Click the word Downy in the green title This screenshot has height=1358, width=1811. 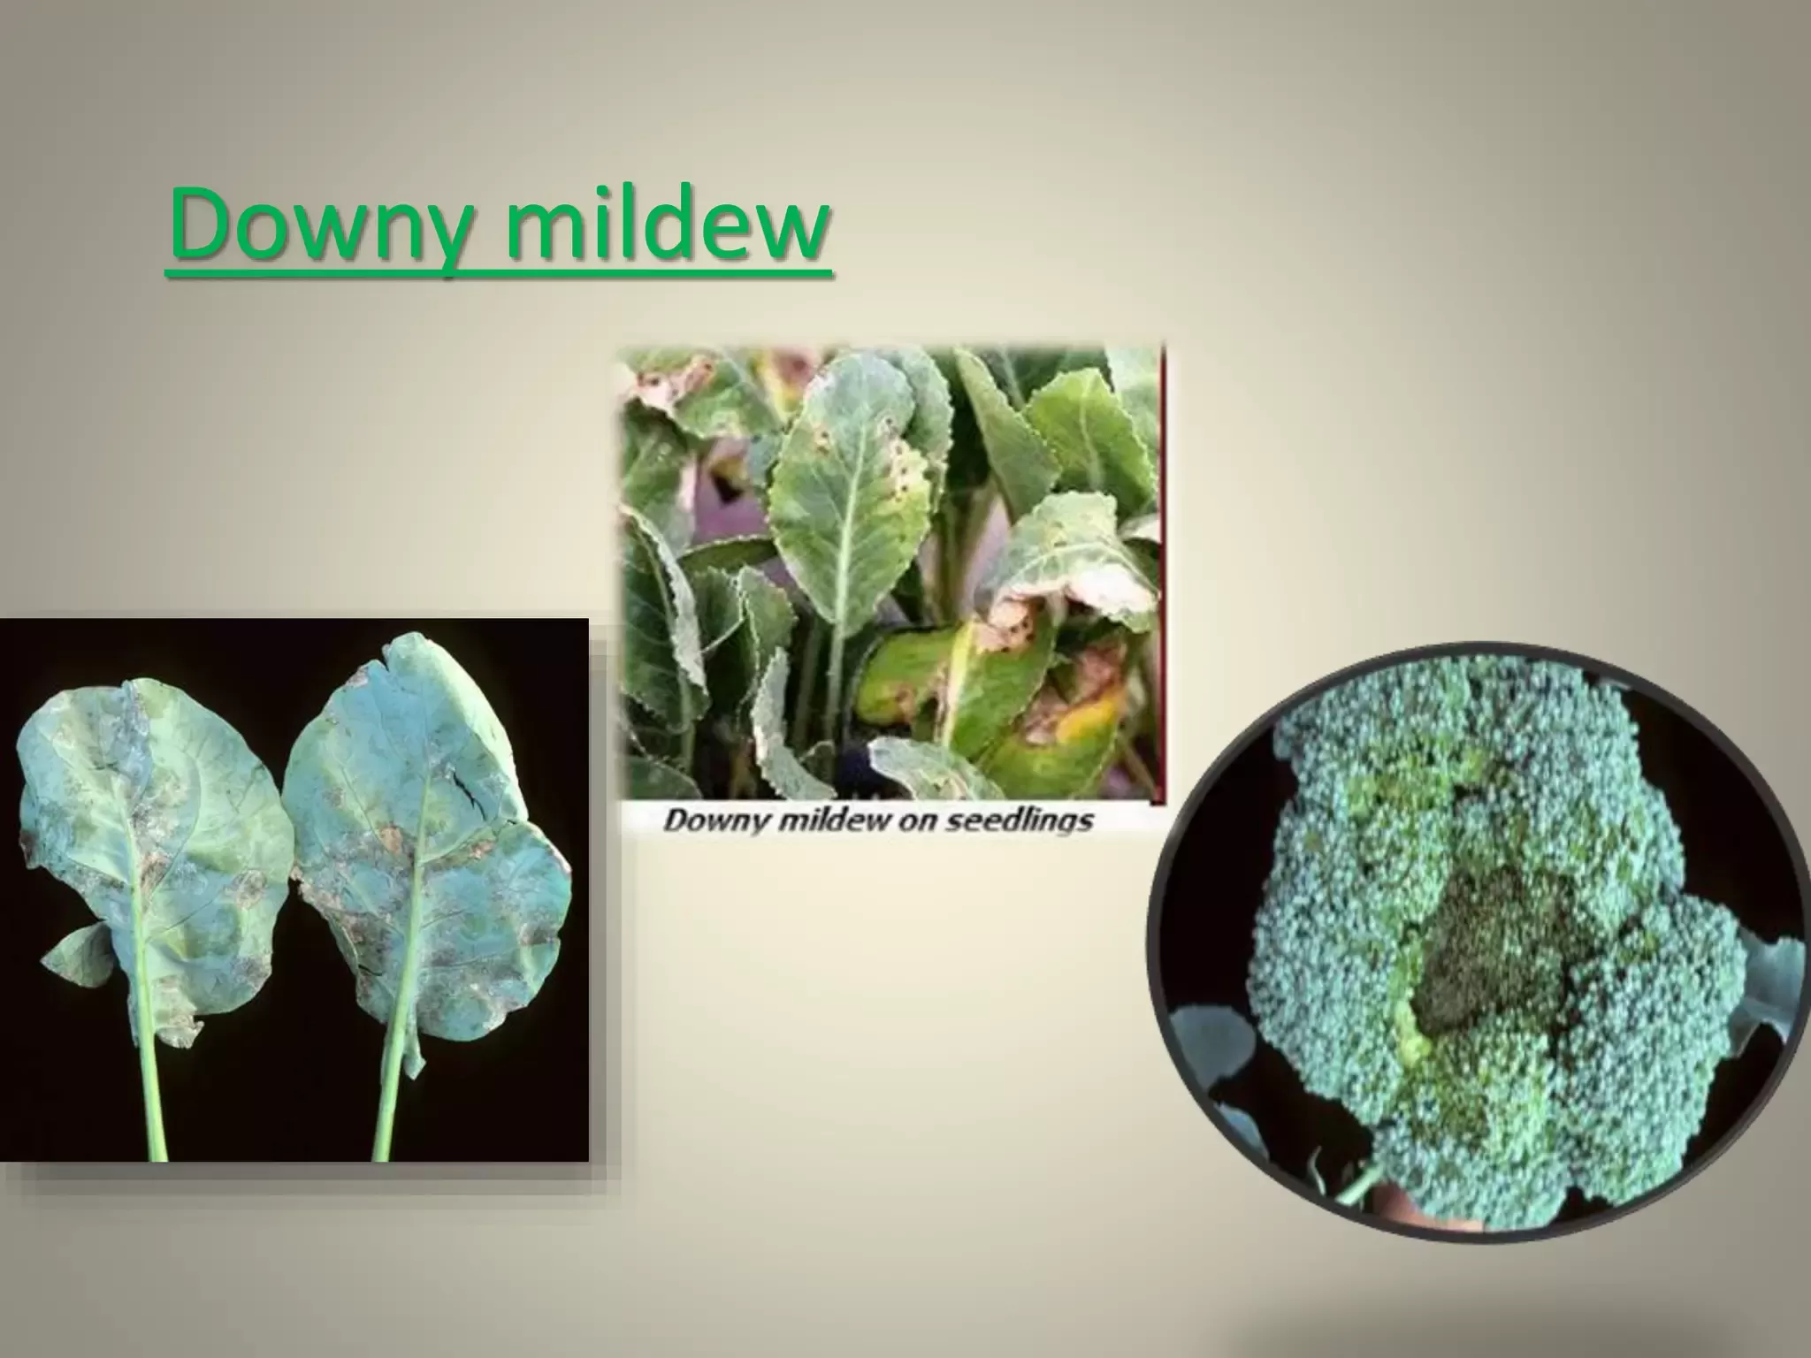point(315,225)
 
